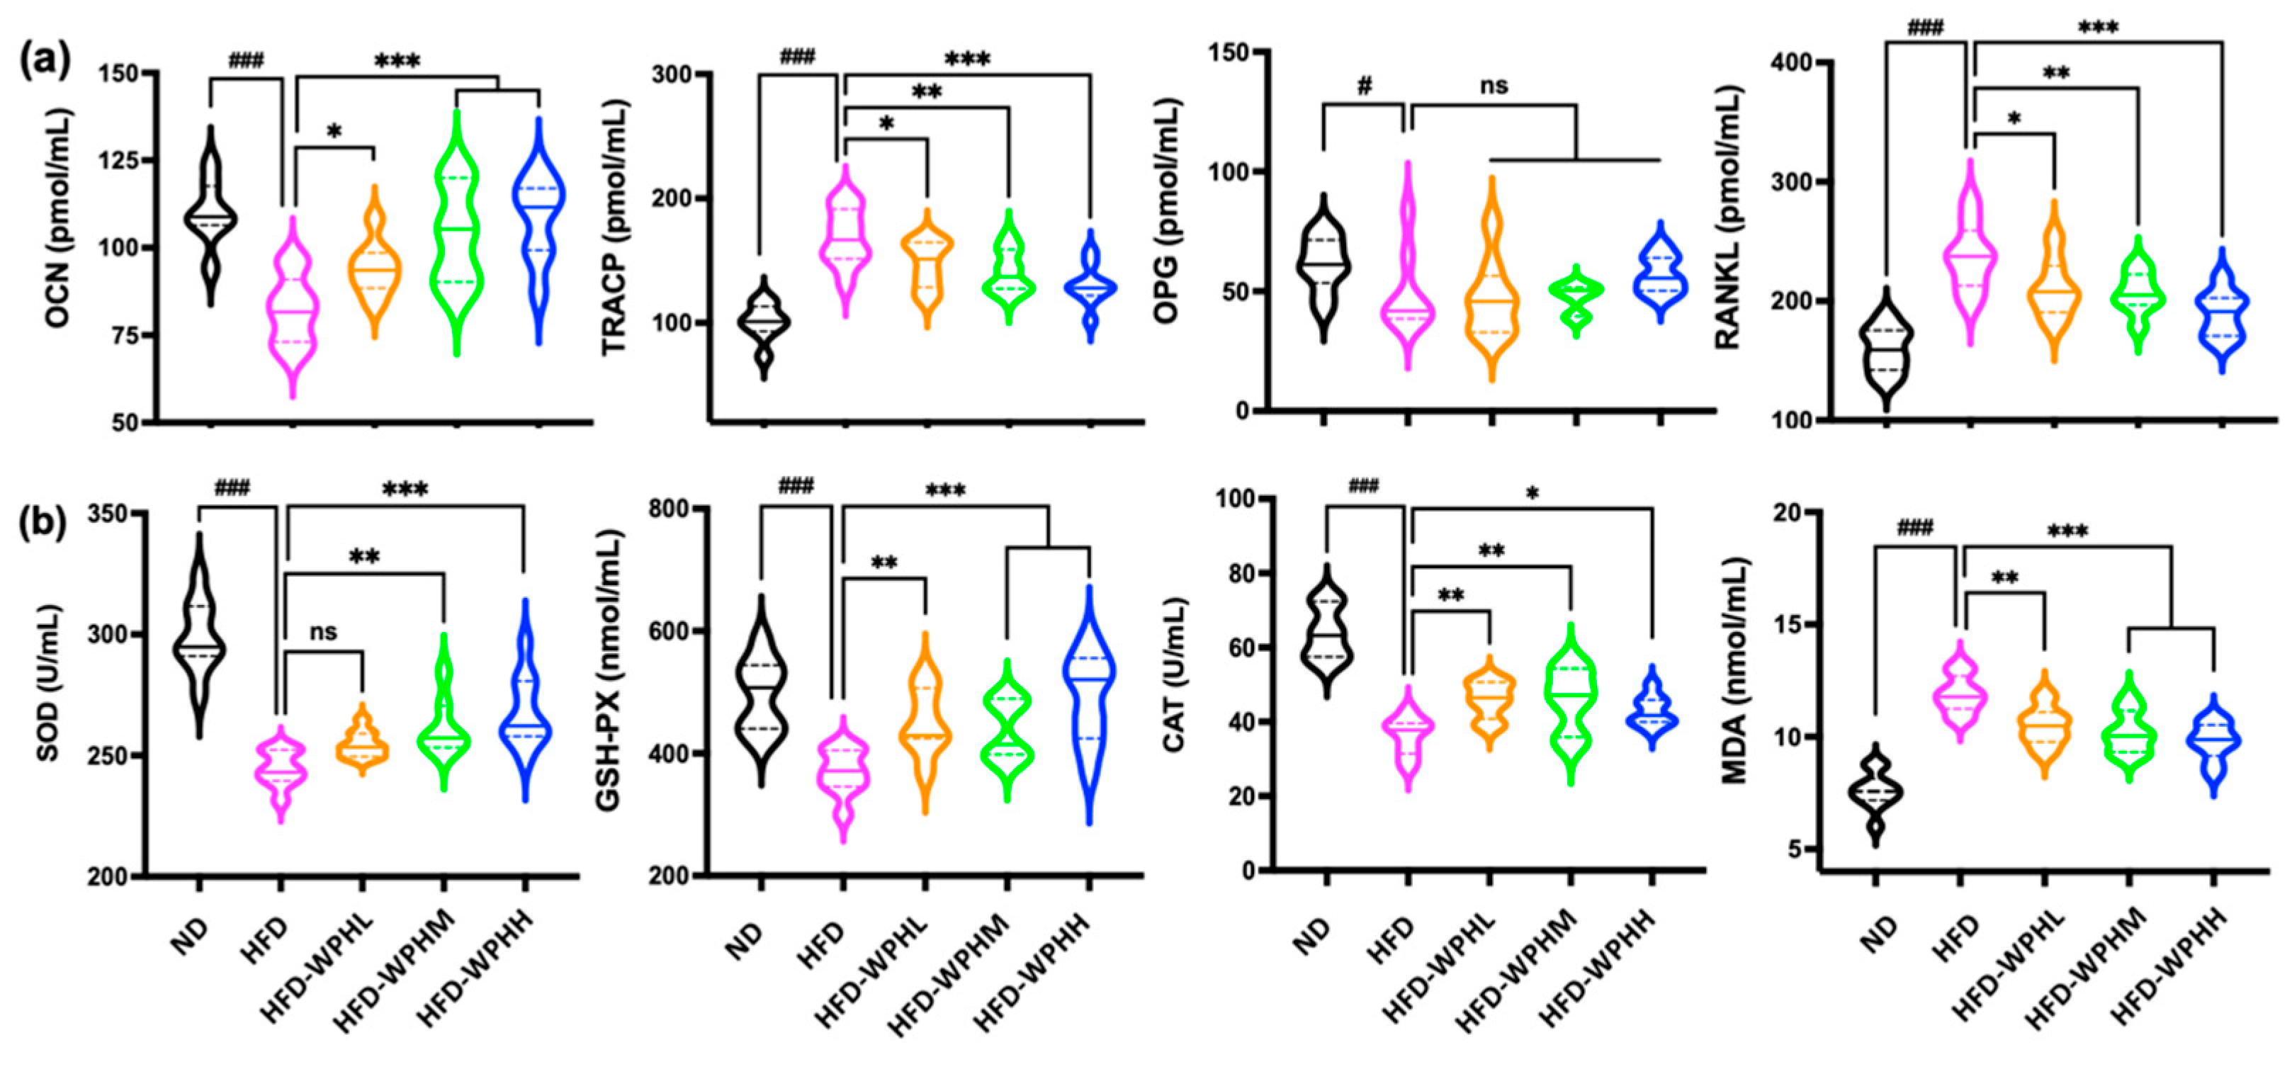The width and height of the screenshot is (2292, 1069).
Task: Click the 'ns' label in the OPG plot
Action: pos(1494,86)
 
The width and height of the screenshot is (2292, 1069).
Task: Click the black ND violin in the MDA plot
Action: pos(1875,791)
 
